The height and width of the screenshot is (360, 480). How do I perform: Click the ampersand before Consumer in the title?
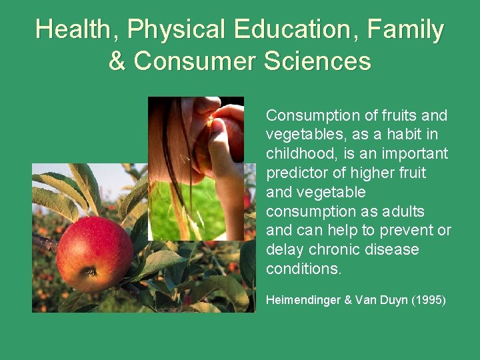[x=117, y=61]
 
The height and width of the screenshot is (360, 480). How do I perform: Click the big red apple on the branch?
[x=94, y=254]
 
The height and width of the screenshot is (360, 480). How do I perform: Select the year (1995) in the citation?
[x=428, y=301]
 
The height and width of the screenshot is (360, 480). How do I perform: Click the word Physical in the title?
[x=177, y=30]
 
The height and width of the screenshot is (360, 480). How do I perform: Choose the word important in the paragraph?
[x=415, y=154]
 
